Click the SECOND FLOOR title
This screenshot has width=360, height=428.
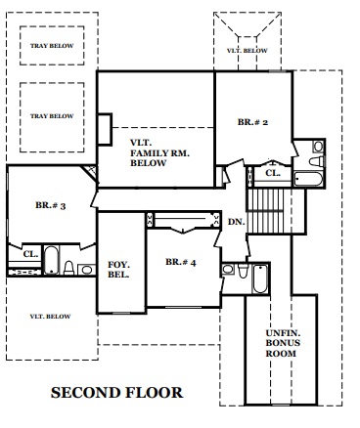pos(116,393)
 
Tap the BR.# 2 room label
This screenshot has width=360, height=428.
pos(252,122)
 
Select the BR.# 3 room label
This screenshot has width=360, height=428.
pos(51,205)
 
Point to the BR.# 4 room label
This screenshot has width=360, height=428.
pos(181,262)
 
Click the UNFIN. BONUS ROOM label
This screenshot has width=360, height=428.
pos(283,343)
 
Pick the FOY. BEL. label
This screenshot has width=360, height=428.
pos(118,270)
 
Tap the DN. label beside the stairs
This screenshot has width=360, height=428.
pos(236,222)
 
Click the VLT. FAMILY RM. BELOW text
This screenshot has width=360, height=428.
pos(159,152)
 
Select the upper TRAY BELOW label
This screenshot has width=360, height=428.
pos(52,46)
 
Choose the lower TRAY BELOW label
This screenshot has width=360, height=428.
pos(52,116)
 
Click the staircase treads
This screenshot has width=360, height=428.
pos(265,211)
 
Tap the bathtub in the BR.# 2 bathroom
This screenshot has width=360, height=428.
pos(308,179)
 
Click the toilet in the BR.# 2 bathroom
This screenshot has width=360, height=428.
pos(316,161)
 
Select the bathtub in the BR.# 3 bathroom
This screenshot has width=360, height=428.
pos(52,260)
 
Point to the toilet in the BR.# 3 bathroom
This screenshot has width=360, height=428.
pos(68,268)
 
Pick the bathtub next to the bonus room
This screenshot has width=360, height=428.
pos(260,278)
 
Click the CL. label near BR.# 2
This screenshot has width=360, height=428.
pos(273,173)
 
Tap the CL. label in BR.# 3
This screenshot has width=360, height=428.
pos(30,254)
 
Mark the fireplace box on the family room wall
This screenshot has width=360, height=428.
pos(105,129)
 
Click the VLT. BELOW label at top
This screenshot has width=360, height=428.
pos(247,51)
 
